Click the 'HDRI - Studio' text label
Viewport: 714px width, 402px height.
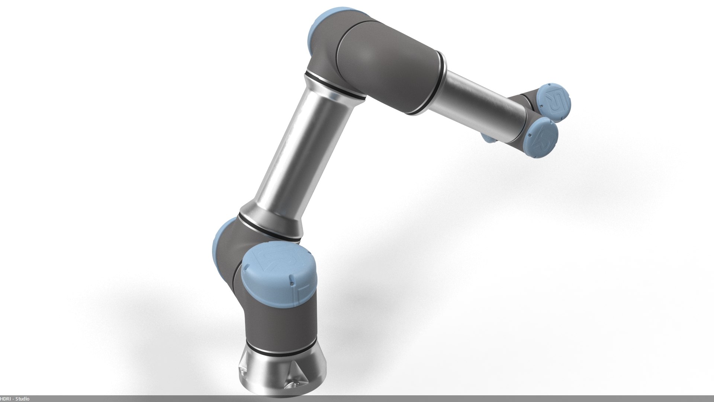point(15,399)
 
